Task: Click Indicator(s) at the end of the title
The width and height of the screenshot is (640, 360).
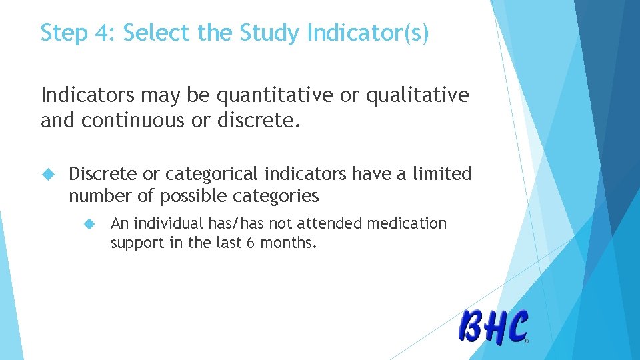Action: click(367, 33)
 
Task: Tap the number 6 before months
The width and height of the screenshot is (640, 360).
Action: click(250, 243)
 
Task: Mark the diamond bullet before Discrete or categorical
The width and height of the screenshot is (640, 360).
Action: click(47, 175)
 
